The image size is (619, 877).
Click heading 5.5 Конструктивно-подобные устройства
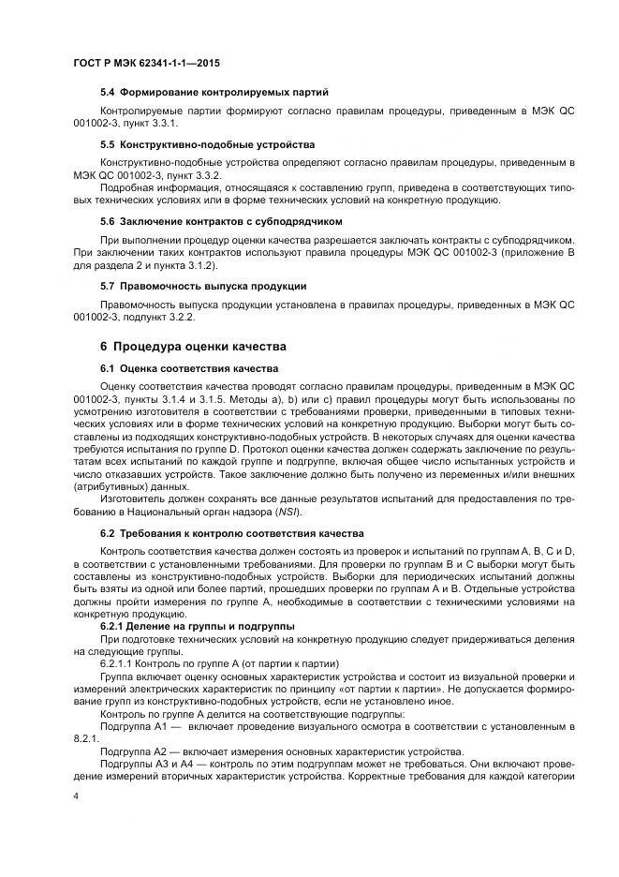(207, 145)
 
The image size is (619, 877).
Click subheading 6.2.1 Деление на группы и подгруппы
(198, 624)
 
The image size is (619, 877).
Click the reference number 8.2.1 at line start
(86, 738)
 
